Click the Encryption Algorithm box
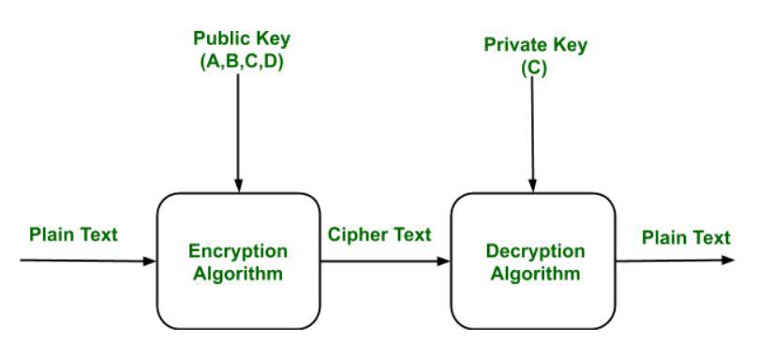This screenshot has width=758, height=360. [x=238, y=261]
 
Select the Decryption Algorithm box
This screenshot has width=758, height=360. [x=533, y=261]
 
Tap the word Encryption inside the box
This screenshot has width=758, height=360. [x=238, y=252]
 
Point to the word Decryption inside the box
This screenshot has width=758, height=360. [x=533, y=252]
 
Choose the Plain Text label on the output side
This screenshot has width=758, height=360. [x=685, y=237]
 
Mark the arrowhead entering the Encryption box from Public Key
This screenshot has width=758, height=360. [x=238, y=187]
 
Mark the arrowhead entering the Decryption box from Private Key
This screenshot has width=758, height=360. [x=532, y=187]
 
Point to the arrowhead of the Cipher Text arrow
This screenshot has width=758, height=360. [x=444, y=260]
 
